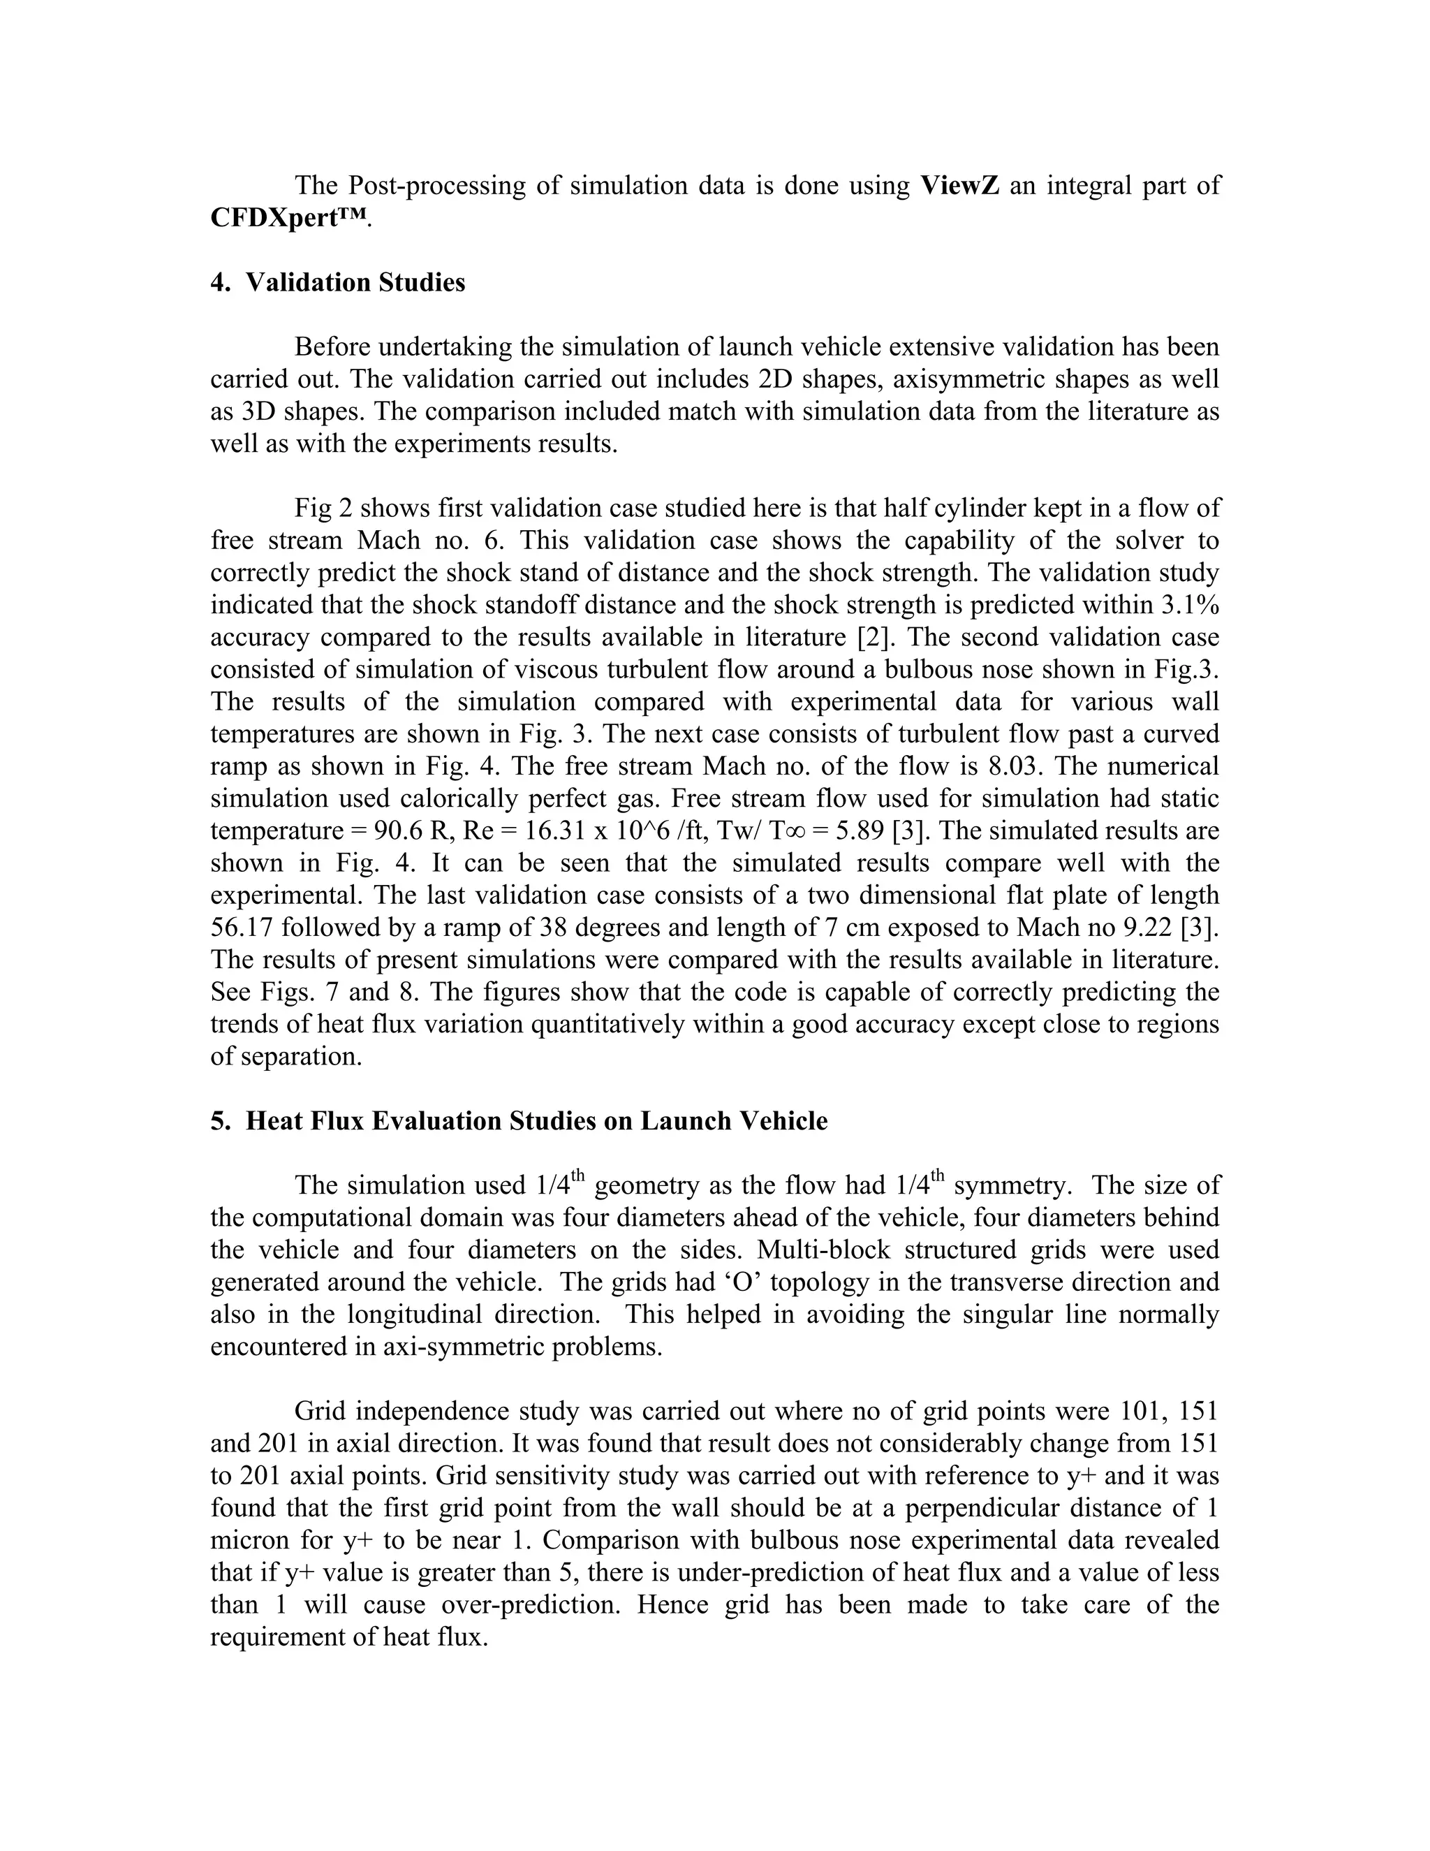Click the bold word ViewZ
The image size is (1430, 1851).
tap(960, 186)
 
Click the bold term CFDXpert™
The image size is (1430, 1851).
tap(289, 218)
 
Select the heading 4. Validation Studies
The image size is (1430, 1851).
tap(338, 282)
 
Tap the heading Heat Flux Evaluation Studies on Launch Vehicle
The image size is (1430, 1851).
tap(536, 1121)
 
